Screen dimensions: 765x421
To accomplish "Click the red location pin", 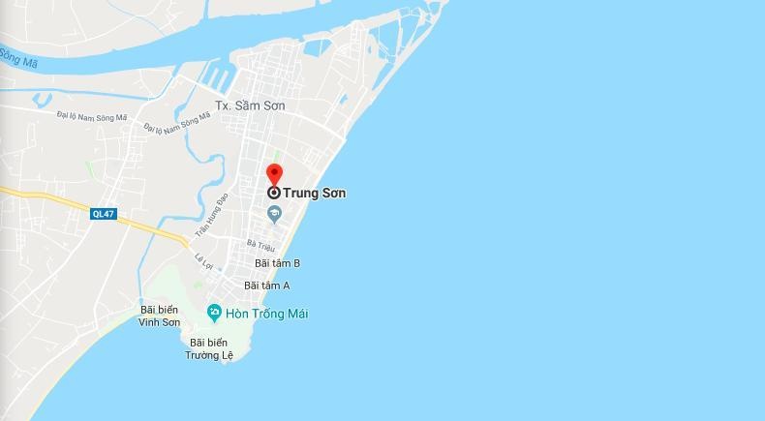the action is (x=274, y=174).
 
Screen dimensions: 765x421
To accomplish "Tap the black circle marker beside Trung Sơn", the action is (x=274, y=193).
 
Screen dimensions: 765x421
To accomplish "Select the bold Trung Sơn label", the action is (x=315, y=194).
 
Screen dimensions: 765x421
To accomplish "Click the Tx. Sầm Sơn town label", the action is (x=250, y=105).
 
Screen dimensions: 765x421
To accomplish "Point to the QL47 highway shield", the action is (x=103, y=214).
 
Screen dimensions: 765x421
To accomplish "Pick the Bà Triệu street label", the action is (x=261, y=246).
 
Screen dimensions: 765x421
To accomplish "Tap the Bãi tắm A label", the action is (x=267, y=286).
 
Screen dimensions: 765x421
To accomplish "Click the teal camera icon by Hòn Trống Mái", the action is (x=214, y=312).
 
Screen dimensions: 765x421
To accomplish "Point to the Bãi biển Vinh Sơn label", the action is (x=160, y=316).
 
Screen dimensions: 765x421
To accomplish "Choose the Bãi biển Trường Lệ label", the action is (x=212, y=348).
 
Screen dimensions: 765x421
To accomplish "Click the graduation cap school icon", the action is (x=274, y=213).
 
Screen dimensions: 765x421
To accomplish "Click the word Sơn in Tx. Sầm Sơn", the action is (x=272, y=105).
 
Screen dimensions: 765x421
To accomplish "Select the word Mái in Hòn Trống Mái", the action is (x=296, y=314).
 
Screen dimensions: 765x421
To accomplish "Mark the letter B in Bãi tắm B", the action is (x=296, y=263).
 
